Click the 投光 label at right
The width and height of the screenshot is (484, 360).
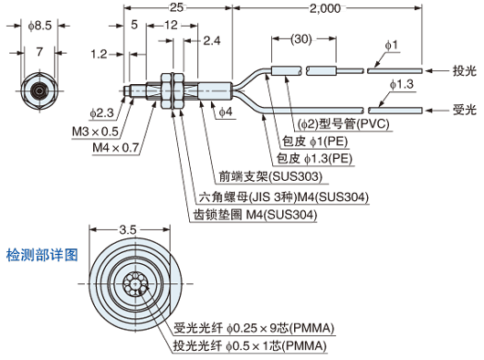465,70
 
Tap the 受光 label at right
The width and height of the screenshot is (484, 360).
465,108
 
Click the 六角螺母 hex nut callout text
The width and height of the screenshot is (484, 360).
263,196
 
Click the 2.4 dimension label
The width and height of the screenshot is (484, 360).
211,40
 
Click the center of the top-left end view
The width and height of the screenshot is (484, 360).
37,91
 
